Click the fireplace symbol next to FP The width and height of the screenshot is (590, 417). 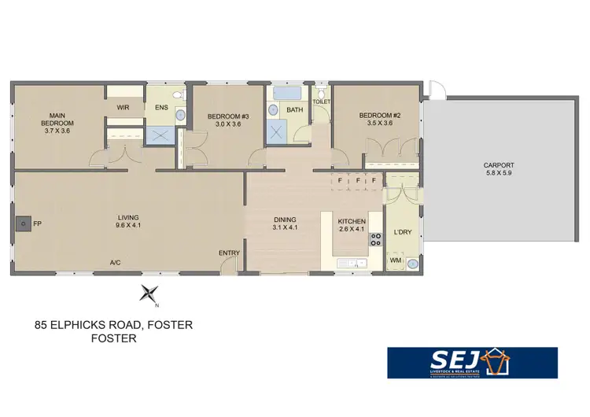tap(24, 224)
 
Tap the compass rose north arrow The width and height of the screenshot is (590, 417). tap(148, 293)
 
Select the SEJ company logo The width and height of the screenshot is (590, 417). tap(472, 363)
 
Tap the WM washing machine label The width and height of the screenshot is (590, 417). tap(396, 260)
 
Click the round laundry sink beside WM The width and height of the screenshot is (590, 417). tap(413, 264)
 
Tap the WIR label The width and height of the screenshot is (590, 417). tap(124, 107)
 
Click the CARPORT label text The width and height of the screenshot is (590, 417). tap(498, 166)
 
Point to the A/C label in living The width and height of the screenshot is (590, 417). tap(115, 262)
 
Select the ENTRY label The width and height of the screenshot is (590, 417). tap(229, 253)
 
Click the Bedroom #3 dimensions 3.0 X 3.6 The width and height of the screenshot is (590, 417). tap(223, 124)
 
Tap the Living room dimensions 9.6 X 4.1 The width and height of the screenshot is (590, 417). tap(128, 226)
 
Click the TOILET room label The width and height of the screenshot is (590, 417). tap(321, 102)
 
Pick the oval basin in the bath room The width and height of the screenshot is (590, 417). tap(272, 110)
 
